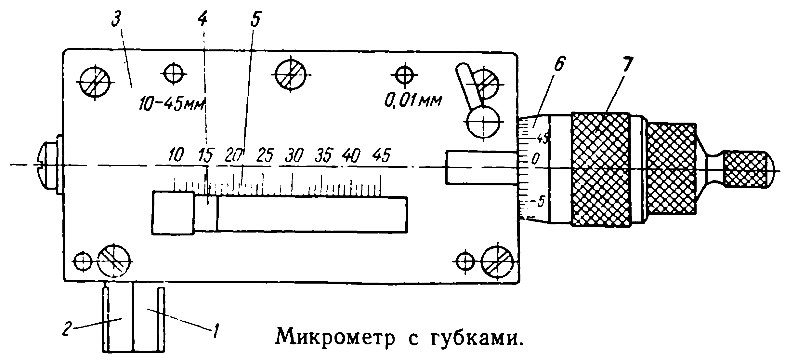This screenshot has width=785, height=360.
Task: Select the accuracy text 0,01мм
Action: [x=413, y=101]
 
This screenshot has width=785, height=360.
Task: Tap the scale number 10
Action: [x=177, y=155]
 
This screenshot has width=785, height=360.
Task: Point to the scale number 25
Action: [x=265, y=155]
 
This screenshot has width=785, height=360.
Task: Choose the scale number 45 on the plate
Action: [x=382, y=155]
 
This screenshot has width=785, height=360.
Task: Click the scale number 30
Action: [x=294, y=155]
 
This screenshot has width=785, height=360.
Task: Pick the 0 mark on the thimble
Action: [x=535, y=159]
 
